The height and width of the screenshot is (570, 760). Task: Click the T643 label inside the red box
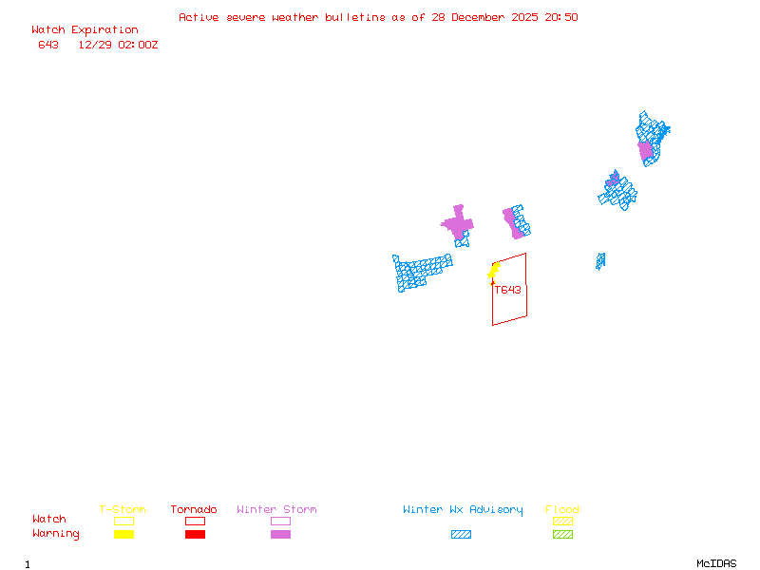tap(507, 290)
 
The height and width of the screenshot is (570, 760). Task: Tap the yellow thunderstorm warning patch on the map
tap(494, 270)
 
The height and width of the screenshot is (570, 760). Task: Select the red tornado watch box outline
tap(525, 285)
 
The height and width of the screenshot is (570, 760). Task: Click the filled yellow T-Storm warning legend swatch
tap(123, 534)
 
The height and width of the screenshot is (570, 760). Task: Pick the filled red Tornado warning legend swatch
tap(195, 534)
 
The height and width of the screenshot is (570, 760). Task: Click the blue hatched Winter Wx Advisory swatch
tap(461, 534)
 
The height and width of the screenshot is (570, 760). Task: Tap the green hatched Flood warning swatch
tap(562, 534)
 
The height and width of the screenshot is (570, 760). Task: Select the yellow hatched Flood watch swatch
tap(562, 521)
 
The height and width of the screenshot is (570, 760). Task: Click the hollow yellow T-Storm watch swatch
tap(123, 521)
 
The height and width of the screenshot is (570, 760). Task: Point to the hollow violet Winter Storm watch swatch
tap(280, 521)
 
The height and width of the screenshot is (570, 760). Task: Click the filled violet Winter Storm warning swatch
tap(280, 534)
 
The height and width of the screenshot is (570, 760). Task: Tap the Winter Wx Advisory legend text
tap(463, 509)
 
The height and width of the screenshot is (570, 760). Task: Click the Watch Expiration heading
tap(85, 29)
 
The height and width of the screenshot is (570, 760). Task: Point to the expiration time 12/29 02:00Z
tap(118, 45)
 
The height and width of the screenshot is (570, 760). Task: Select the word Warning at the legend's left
tap(56, 534)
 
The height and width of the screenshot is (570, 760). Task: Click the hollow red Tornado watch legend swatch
tap(195, 521)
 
